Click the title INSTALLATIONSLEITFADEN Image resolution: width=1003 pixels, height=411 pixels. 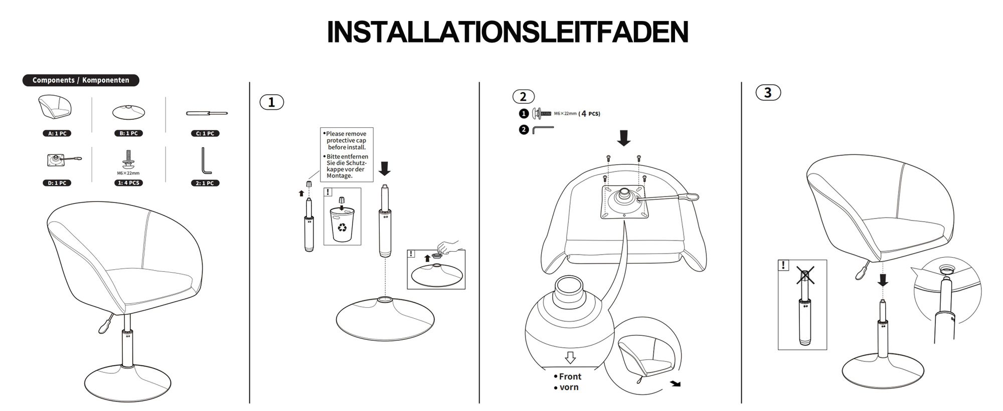point(508,33)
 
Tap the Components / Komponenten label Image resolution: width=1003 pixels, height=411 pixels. point(81,80)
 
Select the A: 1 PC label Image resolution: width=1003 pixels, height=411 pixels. point(57,133)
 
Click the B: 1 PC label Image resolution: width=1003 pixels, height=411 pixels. point(128,133)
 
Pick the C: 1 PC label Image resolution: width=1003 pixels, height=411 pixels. point(205,133)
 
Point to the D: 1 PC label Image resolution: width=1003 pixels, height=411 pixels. point(57,183)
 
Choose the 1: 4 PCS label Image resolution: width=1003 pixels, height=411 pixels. point(128,183)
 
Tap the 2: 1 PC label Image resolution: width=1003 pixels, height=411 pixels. point(205,183)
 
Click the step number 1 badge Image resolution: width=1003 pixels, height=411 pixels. point(271,102)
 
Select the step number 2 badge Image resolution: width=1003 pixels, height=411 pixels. point(523,96)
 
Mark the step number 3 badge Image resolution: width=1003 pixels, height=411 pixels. point(768,93)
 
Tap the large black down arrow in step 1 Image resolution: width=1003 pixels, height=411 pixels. point(385,168)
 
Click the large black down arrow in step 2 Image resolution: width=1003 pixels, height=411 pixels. point(624,138)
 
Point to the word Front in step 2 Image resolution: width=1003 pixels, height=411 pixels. point(570,376)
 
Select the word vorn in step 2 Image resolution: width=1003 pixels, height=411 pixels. point(569,387)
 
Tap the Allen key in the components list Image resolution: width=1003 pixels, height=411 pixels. point(206,160)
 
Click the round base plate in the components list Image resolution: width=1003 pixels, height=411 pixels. point(129,112)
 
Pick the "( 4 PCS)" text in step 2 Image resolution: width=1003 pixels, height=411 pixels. point(589,114)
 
